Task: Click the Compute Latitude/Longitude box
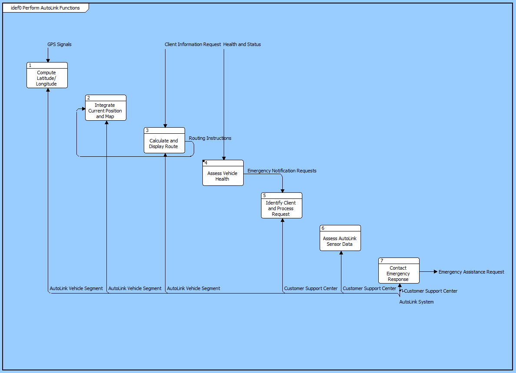(x=47, y=78)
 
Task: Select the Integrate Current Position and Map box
(x=106, y=111)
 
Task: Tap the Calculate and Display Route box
(x=164, y=143)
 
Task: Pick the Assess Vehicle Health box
(x=223, y=176)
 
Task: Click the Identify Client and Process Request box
(x=281, y=208)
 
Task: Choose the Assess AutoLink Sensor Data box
(x=340, y=241)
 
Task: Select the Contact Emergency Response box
(x=399, y=274)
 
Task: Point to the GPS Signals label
(x=60, y=44)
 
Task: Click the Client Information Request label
(x=193, y=44)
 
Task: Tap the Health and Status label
(x=242, y=44)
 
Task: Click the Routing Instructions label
(x=210, y=138)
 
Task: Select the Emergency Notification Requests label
(x=282, y=171)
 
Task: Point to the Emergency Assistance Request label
(x=471, y=272)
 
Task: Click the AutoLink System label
(x=416, y=302)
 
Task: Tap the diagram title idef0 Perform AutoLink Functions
(x=45, y=8)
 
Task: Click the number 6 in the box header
(x=323, y=228)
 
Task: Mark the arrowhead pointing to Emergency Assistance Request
(x=435, y=271)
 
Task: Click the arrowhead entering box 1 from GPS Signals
(x=48, y=60)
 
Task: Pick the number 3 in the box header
(x=147, y=130)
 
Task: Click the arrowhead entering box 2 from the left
(x=83, y=109)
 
